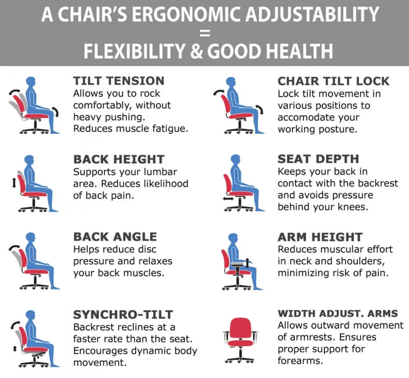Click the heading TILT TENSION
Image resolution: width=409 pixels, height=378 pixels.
119,81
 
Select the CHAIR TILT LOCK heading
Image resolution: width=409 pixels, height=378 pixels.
333,81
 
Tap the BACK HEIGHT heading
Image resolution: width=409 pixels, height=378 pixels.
119,160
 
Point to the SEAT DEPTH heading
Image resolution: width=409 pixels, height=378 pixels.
318,159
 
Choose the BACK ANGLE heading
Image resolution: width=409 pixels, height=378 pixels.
115,237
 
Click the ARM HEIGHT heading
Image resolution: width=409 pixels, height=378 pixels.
320,237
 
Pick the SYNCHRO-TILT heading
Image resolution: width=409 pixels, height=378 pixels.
123,315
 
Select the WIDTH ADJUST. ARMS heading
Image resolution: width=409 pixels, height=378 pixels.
338,313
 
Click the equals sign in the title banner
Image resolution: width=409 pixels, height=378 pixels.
205,33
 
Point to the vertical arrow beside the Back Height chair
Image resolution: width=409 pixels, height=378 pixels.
14,181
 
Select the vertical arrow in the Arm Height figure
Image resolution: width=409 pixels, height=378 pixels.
247,263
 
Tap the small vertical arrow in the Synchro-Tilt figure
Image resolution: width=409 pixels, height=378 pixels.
15,349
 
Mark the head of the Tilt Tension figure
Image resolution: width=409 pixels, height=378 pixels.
31,81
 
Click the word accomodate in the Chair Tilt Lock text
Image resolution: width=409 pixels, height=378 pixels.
319,117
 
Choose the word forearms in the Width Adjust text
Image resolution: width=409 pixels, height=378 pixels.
300,361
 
